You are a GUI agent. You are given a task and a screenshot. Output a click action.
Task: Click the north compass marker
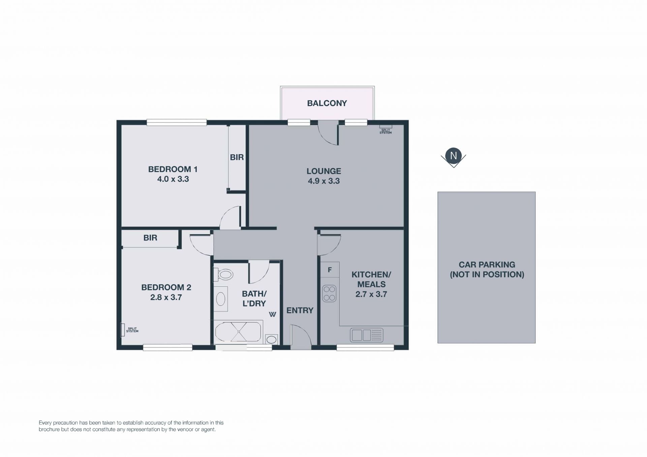click(453, 157)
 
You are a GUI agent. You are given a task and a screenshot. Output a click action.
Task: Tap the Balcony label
click(327, 103)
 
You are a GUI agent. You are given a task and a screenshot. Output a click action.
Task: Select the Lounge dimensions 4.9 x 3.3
click(323, 181)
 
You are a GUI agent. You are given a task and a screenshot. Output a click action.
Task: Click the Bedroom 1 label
click(173, 169)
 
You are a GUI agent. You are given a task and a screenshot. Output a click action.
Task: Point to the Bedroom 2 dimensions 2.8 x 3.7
click(166, 297)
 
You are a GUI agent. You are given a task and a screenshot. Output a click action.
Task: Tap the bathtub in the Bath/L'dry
click(238, 332)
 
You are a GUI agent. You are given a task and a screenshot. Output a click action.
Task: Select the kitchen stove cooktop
click(329, 293)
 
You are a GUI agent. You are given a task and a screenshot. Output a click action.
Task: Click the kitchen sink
click(367, 335)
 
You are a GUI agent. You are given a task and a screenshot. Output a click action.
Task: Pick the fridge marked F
click(330, 270)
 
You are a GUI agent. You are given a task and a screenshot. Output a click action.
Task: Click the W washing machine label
click(272, 315)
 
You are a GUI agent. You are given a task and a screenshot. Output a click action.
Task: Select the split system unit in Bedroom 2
click(123, 330)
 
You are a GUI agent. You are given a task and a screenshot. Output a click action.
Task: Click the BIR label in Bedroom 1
click(237, 157)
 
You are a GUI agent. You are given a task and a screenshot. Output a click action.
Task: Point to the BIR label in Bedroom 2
click(150, 238)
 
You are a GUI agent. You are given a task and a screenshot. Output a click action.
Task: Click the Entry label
click(300, 311)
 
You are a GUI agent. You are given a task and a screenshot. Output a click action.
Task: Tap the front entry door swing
click(301, 335)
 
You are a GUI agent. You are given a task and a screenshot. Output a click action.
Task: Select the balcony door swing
click(328, 133)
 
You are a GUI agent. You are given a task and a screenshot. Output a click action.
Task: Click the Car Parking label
click(487, 269)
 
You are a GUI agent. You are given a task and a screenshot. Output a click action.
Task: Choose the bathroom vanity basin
click(221, 299)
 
